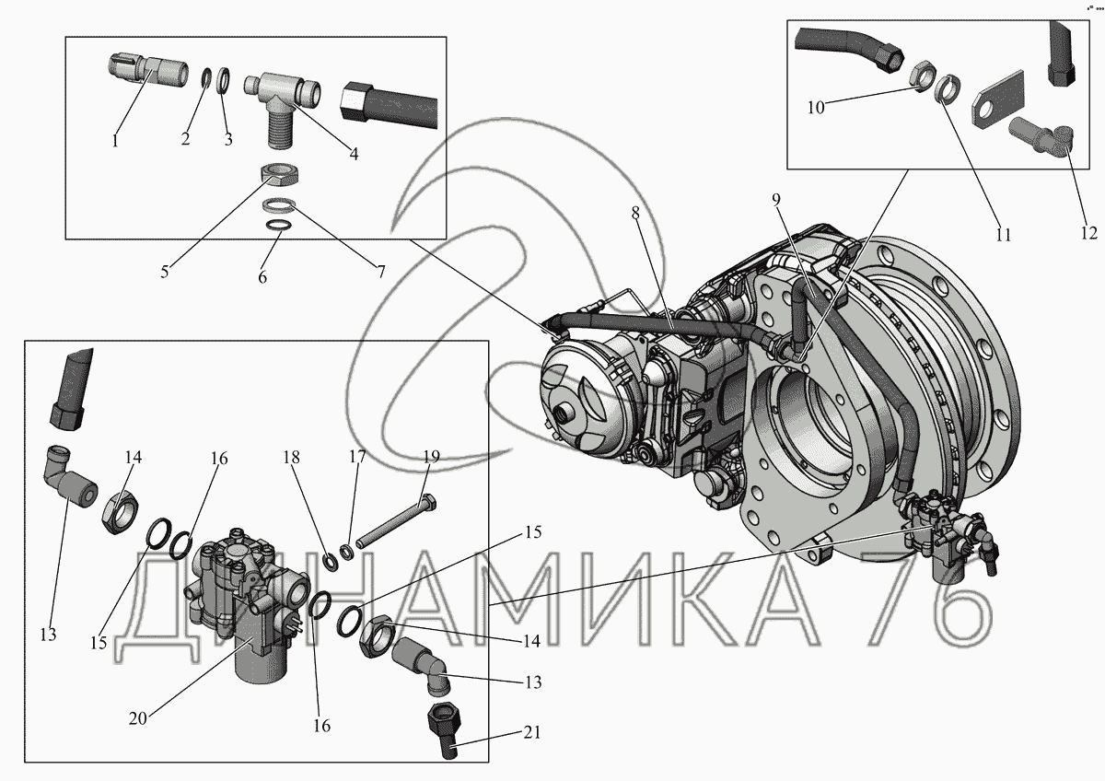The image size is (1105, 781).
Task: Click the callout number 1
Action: [115, 141]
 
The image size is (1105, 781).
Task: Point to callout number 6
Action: [262, 277]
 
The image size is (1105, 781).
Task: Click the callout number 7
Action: [381, 272]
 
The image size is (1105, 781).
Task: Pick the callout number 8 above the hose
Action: [635, 213]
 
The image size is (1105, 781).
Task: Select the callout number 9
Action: [776, 199]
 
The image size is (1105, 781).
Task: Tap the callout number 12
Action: [1089, 232]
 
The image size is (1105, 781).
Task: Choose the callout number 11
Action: [1004, 235]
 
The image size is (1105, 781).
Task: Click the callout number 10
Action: [816, 107]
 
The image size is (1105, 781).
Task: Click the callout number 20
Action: [138, 718]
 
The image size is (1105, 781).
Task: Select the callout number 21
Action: [532, 733]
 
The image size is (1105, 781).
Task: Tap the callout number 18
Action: [292, 457]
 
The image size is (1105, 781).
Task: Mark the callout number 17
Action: [357, 457]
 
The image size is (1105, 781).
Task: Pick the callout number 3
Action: [228, 140]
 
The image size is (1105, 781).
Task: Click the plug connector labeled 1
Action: [148, 72]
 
